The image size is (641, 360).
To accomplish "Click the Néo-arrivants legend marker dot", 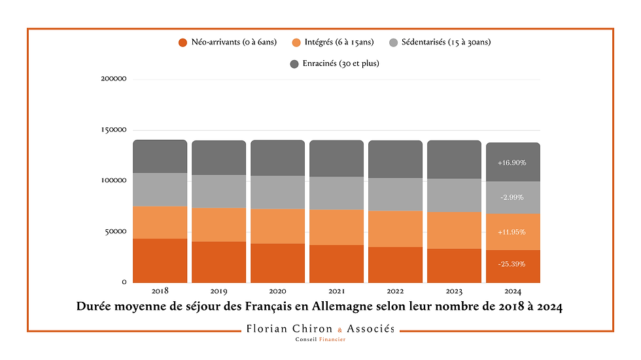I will coord(183,43).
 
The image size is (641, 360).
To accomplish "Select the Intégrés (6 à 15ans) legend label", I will coord(338,42).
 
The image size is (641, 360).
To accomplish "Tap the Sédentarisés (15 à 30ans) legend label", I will coord(445,42).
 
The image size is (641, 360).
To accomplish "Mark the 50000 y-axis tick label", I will coord(115,232).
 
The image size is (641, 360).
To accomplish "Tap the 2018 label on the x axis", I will coord(160,291).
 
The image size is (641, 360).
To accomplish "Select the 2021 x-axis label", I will coord(336,291).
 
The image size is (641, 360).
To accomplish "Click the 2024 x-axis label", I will coord(512,291).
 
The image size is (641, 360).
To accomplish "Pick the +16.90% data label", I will coord(512,163).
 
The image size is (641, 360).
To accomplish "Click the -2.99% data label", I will coord(512,197).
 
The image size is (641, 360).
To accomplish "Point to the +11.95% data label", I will coord(512,232).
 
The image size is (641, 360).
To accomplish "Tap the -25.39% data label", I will coord(512,264).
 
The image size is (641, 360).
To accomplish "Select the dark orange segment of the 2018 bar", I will coord(160,260).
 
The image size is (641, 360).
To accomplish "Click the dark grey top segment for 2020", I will coord(277,157).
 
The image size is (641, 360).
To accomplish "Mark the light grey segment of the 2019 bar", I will coord(218,191).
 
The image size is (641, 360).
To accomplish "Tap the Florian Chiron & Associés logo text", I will coord(320,329).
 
